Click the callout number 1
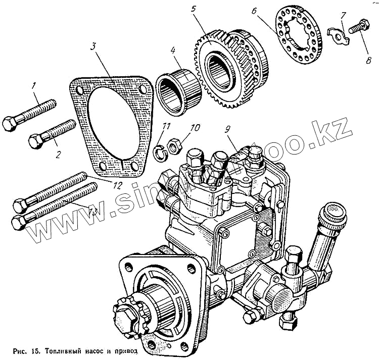(x=34, y=86)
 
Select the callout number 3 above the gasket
(x=94, y=46)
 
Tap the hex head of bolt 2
(x=36, y=141)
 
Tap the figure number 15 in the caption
(x=35, y=350)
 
